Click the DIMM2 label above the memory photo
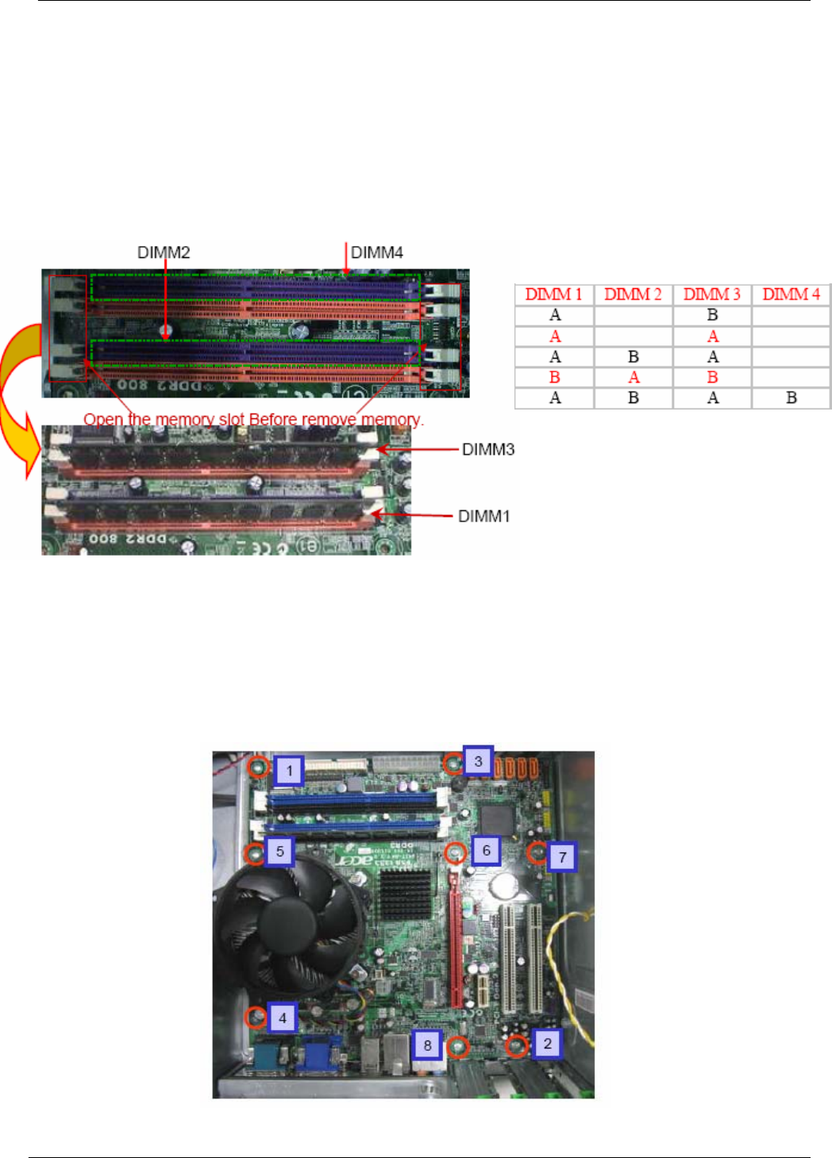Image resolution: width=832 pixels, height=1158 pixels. (x=164, y=252)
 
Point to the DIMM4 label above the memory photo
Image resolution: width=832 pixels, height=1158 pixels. (x=377, y=252)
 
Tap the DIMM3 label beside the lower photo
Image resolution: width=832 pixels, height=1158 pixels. (x=488, y=449)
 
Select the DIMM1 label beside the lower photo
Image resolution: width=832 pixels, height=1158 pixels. (x=483, y=516)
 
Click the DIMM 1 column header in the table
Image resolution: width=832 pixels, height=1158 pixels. (x=554, y=294)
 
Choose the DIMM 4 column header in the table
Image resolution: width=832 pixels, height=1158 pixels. (x=791, y=294)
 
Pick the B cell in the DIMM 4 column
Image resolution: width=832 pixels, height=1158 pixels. (x=791, y=398)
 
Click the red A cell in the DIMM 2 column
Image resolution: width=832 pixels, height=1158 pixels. (x=633, y=377)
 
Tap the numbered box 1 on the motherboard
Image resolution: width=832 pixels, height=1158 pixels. (x=290, y=770)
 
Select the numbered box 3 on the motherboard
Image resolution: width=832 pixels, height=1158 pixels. (x=478, y=761)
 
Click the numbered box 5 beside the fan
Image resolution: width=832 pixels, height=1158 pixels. (x=279, y=852)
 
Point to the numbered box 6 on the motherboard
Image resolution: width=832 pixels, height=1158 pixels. (x=486, y=851)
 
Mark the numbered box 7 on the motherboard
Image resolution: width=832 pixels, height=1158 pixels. (x=562, y=856)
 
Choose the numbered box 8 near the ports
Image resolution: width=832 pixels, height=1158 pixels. (x=427, y=1045)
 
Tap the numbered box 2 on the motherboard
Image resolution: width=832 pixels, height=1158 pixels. (x=547, y=1043)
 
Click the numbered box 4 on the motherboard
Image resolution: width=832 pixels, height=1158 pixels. (x=282, y=1018)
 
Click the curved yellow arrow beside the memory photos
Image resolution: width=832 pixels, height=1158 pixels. (x=17, y=397)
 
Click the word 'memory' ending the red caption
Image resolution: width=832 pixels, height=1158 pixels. (x=391, y=419)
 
